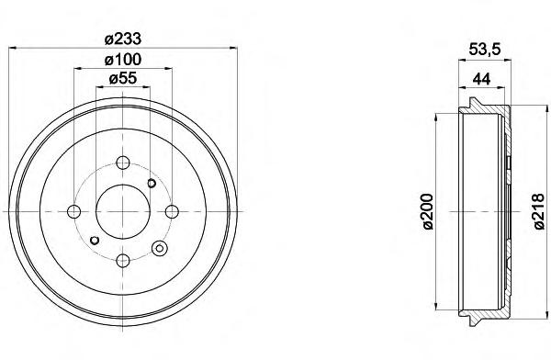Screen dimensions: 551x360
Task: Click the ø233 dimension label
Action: point(123,39)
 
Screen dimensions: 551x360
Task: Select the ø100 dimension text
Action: point(123,60)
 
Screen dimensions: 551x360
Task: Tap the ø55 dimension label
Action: point(123,78)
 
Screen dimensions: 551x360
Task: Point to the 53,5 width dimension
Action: point(484,50)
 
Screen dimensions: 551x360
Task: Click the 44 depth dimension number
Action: point(481,79)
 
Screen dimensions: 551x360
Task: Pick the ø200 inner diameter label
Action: point(428,211)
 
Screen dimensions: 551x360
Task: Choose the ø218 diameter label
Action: point(539,211)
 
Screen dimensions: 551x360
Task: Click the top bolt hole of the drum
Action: point(123,163)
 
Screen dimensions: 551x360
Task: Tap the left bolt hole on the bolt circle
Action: point(73,211)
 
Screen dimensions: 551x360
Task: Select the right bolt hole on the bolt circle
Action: point(172,211)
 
